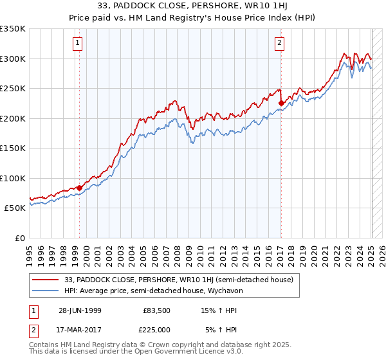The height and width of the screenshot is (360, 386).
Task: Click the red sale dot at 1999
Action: [80, 188]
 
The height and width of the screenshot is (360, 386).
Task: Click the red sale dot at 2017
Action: [281, 102]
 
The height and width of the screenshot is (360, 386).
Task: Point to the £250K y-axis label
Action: [13, 89]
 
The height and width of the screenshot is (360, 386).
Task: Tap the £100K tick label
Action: [13, 178]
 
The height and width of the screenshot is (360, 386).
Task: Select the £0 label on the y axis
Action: [21, 238]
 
